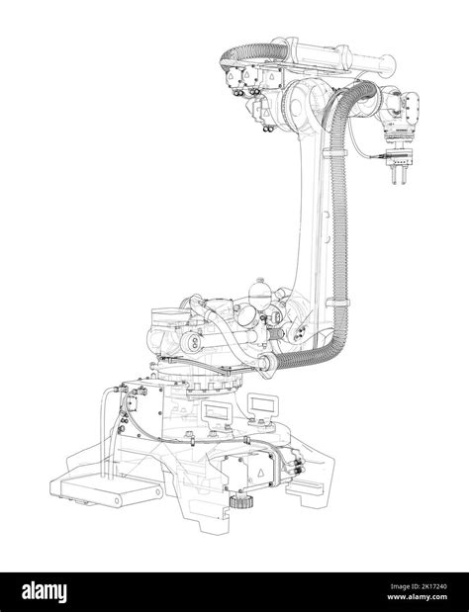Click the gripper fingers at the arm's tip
click(399, 176)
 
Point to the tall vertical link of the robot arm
click(314, 218)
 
